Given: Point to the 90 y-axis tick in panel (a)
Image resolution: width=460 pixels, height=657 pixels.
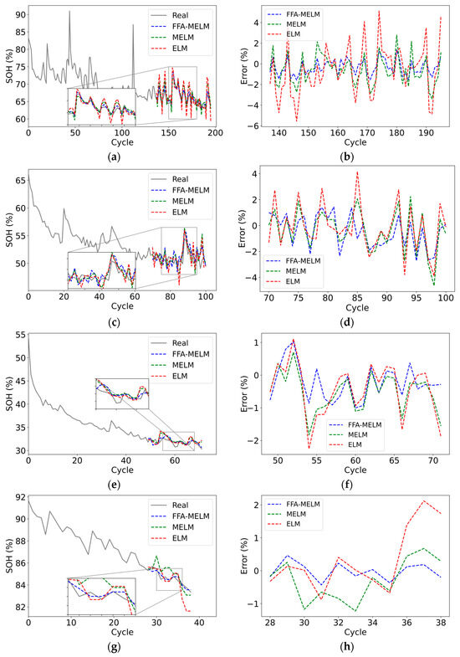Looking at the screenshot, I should (18, 14).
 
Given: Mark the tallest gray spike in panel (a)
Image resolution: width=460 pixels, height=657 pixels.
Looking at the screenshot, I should (69, 12).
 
